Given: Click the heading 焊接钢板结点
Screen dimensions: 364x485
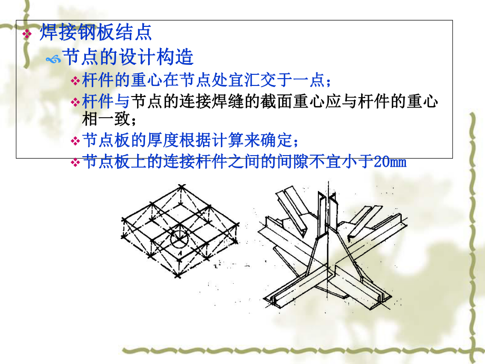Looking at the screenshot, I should click(95, 33).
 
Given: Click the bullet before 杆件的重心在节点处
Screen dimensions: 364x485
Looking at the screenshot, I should click(75, 81).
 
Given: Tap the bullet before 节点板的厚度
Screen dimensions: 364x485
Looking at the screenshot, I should click(75, 142).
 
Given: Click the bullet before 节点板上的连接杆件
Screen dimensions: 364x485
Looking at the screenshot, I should click(75, 162).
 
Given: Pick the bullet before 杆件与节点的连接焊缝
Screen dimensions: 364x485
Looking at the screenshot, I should click(75, 102).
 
